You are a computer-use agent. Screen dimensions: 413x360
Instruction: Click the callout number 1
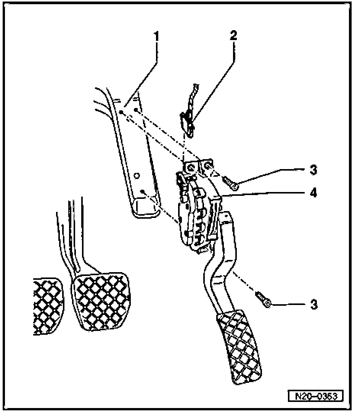point(156,37)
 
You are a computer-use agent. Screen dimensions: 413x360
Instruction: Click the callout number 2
point(233,35)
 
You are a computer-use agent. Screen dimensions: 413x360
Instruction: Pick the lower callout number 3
point(313,305)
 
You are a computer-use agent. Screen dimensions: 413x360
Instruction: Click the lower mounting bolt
point(264,299)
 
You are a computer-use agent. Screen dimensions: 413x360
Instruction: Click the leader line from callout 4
point(267,194)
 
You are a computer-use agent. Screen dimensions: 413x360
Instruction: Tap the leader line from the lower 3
point(290,305)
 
